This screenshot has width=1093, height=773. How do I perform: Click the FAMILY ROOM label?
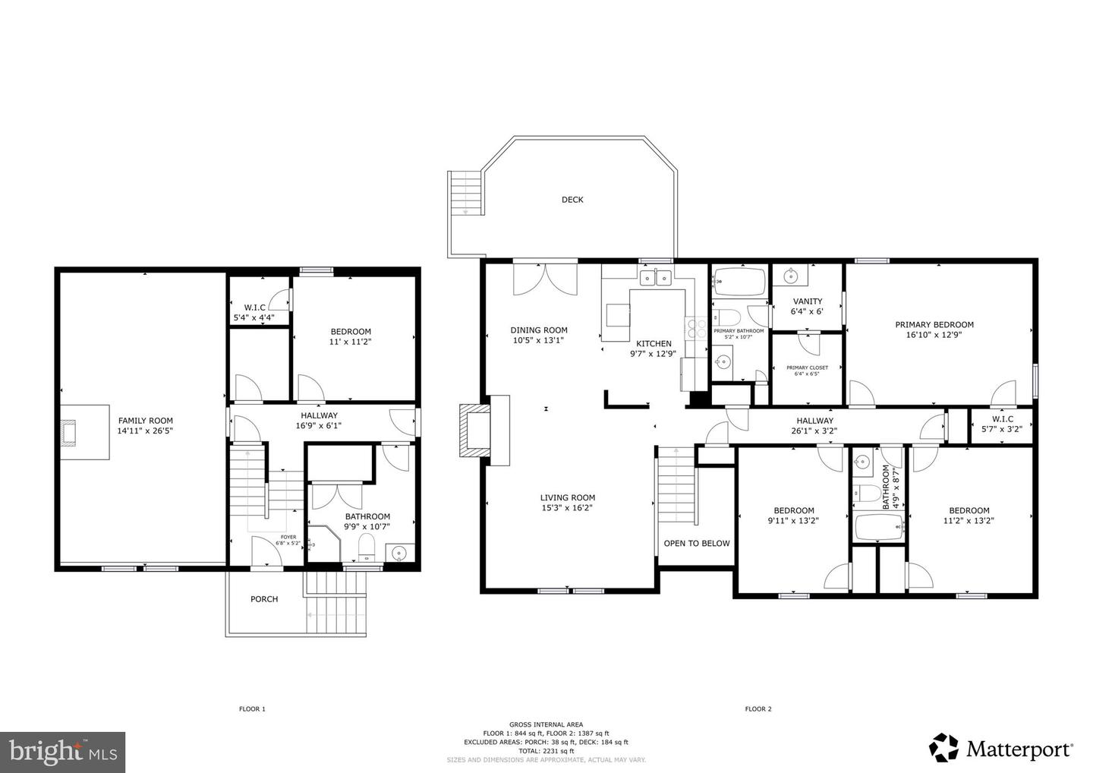click(145, 421)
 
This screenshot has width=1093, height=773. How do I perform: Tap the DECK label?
click(572, 200)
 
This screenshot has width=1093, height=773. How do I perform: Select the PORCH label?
click(264, 599)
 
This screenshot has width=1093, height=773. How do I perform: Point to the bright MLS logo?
click(62, 752)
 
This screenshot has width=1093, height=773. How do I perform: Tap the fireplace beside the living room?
click(475, 430)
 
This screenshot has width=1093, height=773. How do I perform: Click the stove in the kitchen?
click(696, 328)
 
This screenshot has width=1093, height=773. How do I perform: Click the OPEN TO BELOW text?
click(696, 543)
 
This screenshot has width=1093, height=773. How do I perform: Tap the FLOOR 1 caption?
click(252, 709)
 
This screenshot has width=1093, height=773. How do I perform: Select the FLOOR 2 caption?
click(758, 709)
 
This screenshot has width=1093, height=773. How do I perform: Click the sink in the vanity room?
click(790, 273)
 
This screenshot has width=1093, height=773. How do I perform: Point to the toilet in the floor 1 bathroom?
click(367, 547)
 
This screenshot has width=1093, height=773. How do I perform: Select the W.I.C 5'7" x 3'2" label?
click(1002, 424)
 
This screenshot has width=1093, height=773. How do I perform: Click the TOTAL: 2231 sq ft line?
click(546, 751)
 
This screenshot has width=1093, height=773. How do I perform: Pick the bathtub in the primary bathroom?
click(740, 282)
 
